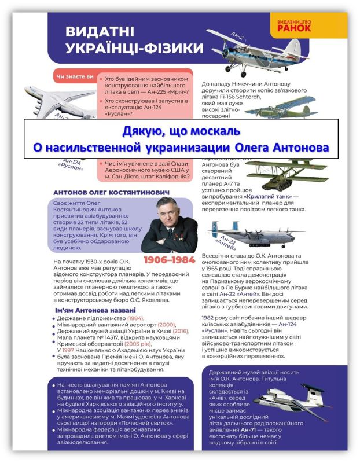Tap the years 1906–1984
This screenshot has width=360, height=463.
[x=169, y=260]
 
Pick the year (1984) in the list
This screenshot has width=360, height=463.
[x=135, y=319]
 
